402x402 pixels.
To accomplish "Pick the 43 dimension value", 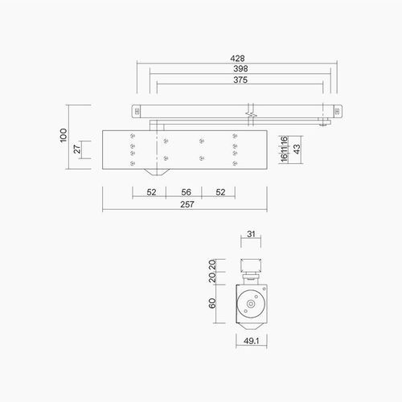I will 297,149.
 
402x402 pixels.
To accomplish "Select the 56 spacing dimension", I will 185,194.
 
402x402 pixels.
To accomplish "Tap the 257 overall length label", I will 185,205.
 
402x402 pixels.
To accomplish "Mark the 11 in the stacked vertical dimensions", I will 284,149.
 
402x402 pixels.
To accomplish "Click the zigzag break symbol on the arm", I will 252,112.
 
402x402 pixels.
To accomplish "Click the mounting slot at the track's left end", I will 136,109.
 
